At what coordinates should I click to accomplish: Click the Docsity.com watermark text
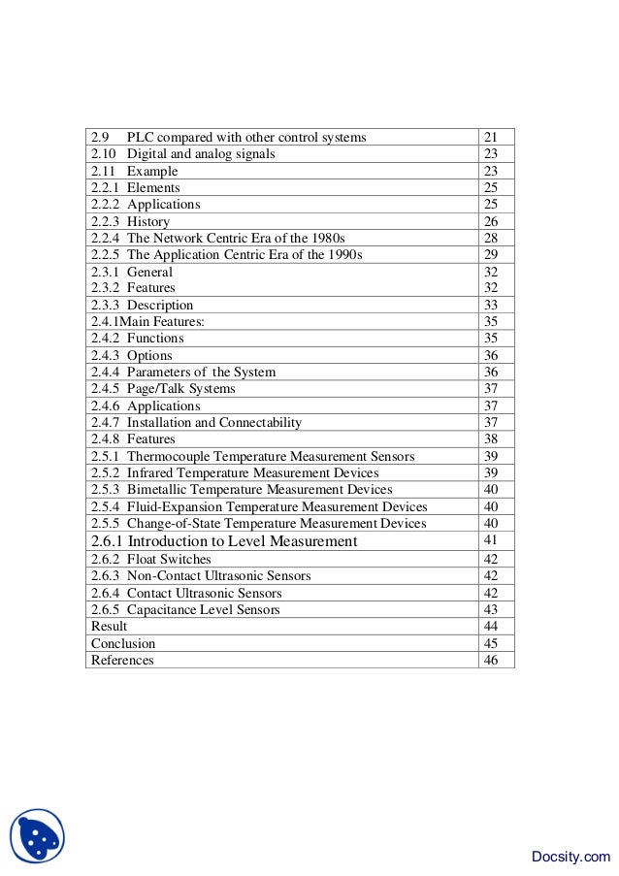(x=571, y=856)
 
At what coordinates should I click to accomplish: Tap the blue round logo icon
(x=37, y=835)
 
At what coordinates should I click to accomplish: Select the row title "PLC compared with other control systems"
(x=246, y=137)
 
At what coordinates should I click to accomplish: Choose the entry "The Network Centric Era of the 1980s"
(x=236, y=238)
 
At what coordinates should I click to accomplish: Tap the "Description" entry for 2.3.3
(x=160, y=305)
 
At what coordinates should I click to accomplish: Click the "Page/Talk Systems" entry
(x=181, y=389)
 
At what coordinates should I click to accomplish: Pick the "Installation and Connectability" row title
(x=214, y=422)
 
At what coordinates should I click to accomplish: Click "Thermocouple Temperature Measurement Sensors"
(x=271, y=456)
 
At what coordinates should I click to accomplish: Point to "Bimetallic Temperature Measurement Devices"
(x=260, y=490)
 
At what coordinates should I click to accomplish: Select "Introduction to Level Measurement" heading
(x=243, y=541)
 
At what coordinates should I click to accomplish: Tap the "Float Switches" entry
(x=169, y=559)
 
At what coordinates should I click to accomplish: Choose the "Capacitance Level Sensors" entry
(x=203, y=609)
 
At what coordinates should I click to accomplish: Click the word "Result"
(x=109, y=627)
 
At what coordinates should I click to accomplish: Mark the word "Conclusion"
(x=123, y=643)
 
